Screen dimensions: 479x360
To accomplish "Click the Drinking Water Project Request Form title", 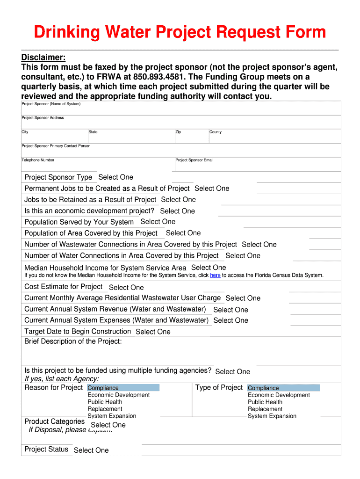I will point(180,32).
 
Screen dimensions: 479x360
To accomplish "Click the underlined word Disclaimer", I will point(43,57).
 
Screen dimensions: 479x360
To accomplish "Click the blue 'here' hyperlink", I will point(215,276).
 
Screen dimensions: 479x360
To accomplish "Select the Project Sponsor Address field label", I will point(43,118).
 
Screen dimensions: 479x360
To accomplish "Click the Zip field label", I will point(178,132).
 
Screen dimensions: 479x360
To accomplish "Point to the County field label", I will point(216,132).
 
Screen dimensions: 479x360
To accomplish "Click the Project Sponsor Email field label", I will point(194,160).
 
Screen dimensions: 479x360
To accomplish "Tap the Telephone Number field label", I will point(38,160).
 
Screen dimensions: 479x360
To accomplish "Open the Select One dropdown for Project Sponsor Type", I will point(115,177).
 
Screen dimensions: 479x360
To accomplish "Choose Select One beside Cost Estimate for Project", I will point(126,288).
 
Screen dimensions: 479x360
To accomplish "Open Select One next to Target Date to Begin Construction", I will point(153,332).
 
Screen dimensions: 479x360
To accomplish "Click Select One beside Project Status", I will point(91,450).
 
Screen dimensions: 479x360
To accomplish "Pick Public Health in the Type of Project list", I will point(265,402).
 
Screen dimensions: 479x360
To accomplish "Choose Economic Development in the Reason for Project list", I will point(119,395).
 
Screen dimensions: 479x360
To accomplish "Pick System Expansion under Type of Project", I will point(272,416).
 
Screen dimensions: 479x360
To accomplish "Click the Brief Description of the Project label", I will point(73,341).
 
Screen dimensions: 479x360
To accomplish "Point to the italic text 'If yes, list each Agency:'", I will point(62,379).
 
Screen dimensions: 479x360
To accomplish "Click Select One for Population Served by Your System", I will point(158,222).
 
